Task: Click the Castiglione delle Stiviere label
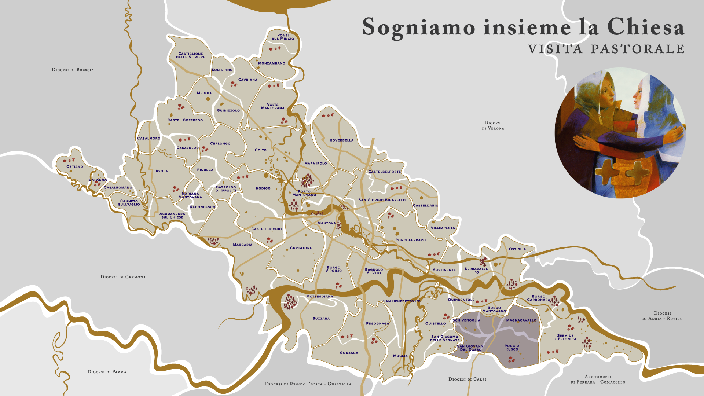[x=191, y=55]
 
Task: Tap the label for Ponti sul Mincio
[x=283, y=37]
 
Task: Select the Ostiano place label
[x=75, y=166]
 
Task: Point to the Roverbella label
[x=342, y=140]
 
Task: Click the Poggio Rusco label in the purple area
[x=512, y=347]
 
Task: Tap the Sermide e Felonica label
[x=565, y=337]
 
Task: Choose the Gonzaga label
[x=349, y=353]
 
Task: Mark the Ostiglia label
[x=517, y=249]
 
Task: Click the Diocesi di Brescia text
[x=73, y=70]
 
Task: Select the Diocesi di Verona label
[x=493, y=125]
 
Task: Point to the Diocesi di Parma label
[x=107, y=372]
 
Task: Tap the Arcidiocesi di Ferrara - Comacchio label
[x=598, y=379]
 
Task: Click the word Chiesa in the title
[x=645, y=27]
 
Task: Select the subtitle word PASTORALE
[x=638, y=49]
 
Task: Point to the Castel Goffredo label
[x=185, y=120]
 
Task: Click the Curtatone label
[x=301, y=248]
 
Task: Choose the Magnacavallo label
[x=521, y=320]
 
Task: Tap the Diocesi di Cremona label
[x=123, y=277]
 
